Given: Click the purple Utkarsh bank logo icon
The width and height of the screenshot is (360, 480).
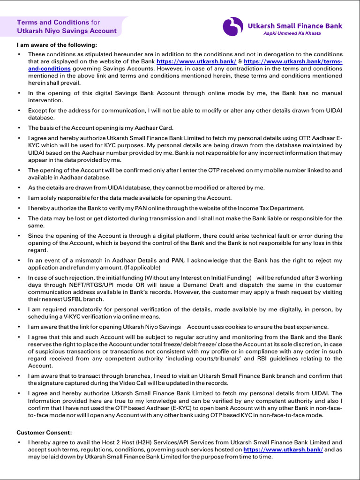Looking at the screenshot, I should pyautogui.click(x=232, y=27).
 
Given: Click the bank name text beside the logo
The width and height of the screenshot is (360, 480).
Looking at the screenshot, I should pyautogui.click(x=295, y=26).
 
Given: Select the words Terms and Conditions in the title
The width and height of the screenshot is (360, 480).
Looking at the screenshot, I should pyautogui.click(x=53, y=22).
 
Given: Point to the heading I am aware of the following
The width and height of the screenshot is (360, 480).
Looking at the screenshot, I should pyautogui.click(x=57, y=45).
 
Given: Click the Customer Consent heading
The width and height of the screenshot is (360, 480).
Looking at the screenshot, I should pyautogui.click(x=44, y=432).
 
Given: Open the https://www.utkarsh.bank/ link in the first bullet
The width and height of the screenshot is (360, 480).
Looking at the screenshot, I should pyautogui.click(x=196, y=61).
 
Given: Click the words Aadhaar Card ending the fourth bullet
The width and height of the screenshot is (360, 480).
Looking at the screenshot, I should pyautogui.click(x=156, y=128).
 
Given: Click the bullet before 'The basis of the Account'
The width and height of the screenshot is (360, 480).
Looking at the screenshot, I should pyautogui.click(x=19, y=128).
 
